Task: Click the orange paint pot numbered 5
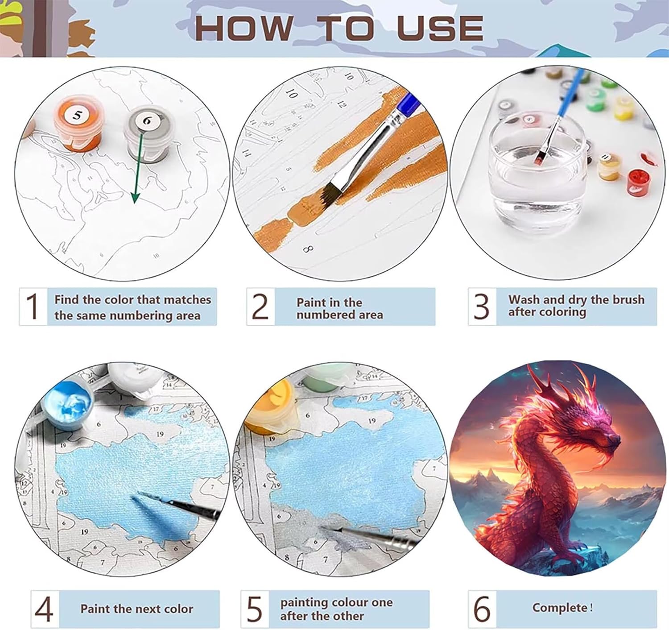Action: pyautogui.click(x=78, y=123)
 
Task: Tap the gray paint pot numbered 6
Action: pyautogui.click(x=148, y=134)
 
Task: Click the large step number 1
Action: pyautogui.click(x=33, y=306)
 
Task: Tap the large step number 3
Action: pyautogui.click(x=481, y=306)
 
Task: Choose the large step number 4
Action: pyautogui.click(x=44, y=609)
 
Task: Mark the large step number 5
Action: pyautogui.click(x=255, y=609)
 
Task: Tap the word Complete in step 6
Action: pyautogui.click(x=560, y=608)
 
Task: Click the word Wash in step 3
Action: pyautogui.click(x=524, y=299)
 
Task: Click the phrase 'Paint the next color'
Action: pyautogui.click(x=137, y=609)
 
